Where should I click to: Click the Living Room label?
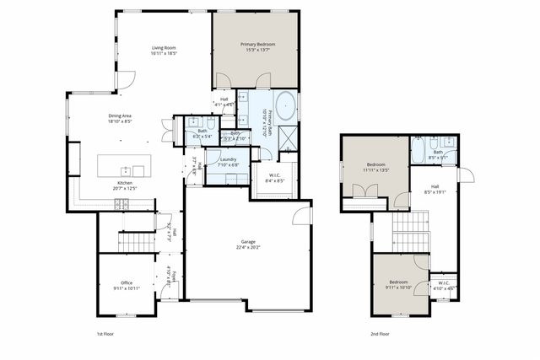164,47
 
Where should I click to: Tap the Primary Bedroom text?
257,44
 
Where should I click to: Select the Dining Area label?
119,116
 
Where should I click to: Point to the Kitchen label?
124,183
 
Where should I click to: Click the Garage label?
248,241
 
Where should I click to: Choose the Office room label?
126,282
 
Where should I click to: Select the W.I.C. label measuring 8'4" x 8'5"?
274,175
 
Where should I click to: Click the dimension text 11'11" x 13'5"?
375,169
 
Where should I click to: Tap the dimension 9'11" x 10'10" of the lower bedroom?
399,287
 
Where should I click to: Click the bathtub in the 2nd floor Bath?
419,151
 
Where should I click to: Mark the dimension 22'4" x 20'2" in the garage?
248,247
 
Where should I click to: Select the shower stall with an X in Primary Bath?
288,137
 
